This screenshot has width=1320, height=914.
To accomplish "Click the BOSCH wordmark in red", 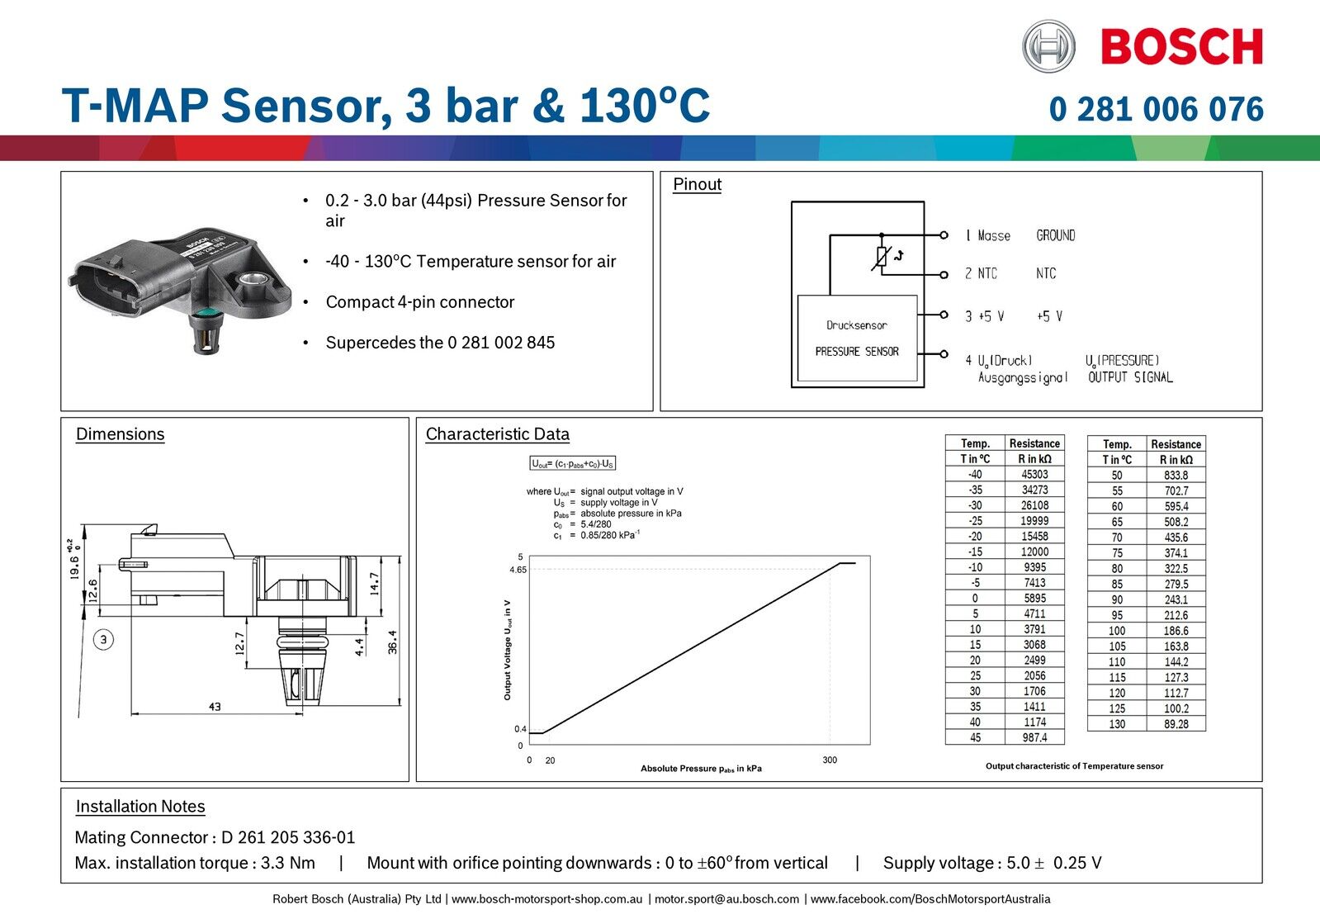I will point(1181,46).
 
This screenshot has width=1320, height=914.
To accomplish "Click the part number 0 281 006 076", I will point(1156,109).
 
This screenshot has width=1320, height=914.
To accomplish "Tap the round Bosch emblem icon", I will point(1048,46).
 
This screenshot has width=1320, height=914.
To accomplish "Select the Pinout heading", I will point(697,184).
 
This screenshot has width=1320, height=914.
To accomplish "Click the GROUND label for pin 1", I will point(1055,235).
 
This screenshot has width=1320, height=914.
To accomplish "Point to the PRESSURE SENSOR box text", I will point(857,351).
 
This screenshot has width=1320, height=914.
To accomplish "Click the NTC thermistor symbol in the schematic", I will point(882,257).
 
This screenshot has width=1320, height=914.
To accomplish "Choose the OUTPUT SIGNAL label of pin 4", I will point(1130,377).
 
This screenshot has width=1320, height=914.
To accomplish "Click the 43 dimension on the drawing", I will point(215,707).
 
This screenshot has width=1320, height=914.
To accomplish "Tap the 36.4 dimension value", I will point(393,642).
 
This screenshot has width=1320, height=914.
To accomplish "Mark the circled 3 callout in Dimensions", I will point(103,639).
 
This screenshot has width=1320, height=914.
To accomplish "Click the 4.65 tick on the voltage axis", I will point(518,570).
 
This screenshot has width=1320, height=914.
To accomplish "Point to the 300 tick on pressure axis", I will point(829,760).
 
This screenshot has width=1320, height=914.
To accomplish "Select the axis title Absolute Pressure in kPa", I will point(701,769).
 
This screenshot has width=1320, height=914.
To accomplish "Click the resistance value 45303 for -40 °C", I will point(1034,474).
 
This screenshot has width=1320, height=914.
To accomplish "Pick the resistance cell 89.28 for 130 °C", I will point(1176,724).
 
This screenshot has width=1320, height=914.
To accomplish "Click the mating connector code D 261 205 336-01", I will point(288,837).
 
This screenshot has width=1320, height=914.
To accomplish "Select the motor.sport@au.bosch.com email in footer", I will point(726,898).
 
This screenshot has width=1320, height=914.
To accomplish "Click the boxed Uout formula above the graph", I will point(573,464).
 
